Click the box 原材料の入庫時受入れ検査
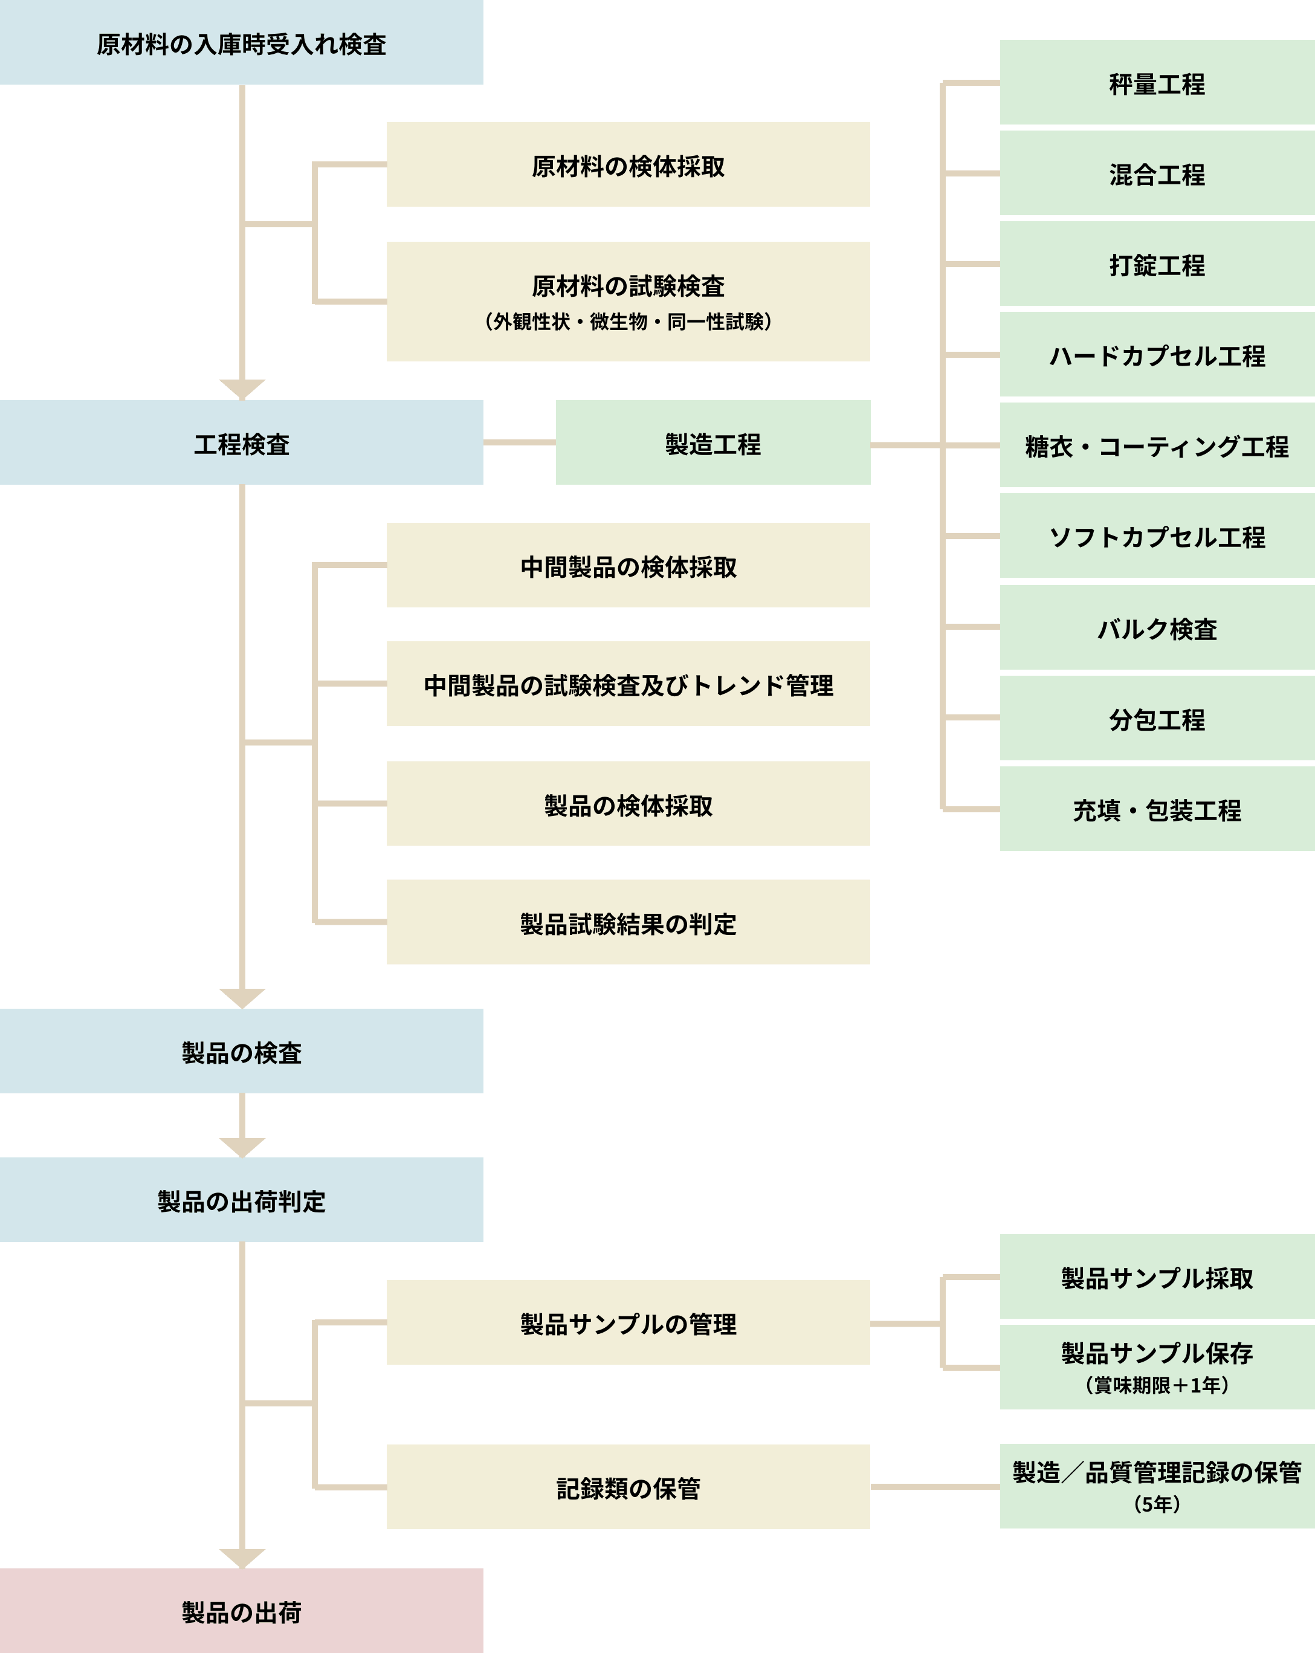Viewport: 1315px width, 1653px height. (242, 44)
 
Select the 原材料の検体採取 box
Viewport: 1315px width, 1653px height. (628, 165)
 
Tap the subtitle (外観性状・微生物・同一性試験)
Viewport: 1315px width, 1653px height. (628, 322)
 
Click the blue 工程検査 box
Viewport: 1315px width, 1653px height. (242, 443)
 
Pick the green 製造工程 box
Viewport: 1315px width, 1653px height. (712, 443)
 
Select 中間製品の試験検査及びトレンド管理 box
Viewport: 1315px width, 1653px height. (628, 684)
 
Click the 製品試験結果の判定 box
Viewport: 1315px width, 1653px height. (628, 922)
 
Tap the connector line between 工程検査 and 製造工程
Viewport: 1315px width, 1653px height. (519, 442)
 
